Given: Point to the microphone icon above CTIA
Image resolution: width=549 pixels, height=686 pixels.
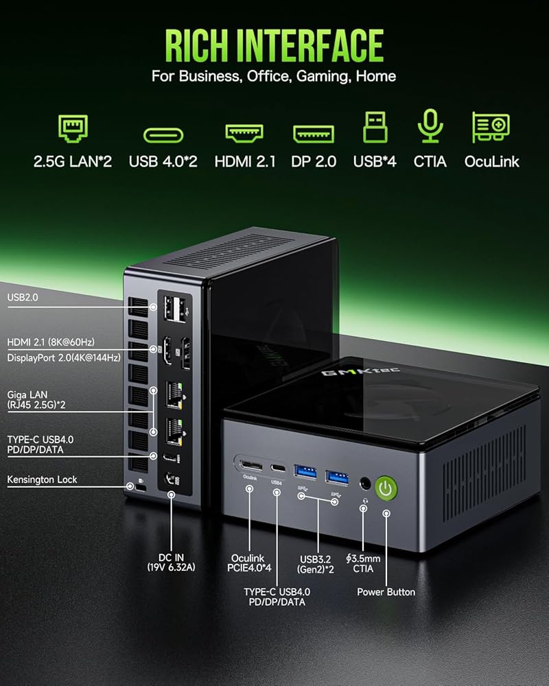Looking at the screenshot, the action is (x=430, y=128).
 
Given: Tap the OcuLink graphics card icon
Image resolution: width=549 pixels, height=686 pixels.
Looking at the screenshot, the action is (x=491, y=128).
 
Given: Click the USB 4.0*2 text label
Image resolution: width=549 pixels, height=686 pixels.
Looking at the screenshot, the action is (x=163, y=162).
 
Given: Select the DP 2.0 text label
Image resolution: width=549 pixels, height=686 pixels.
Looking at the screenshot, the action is (x=314, y=162).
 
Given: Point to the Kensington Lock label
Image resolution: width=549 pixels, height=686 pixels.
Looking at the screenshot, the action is (x=42, y=480).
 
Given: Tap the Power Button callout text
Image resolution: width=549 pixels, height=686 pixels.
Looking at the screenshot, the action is (x=386, y=591).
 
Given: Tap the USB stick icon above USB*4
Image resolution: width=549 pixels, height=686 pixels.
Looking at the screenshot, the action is (x=374, y=128).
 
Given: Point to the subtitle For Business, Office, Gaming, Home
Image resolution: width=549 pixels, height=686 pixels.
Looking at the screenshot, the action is (x=274, y=75).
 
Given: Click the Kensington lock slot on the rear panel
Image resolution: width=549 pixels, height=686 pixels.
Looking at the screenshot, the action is (x=140, y=488).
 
